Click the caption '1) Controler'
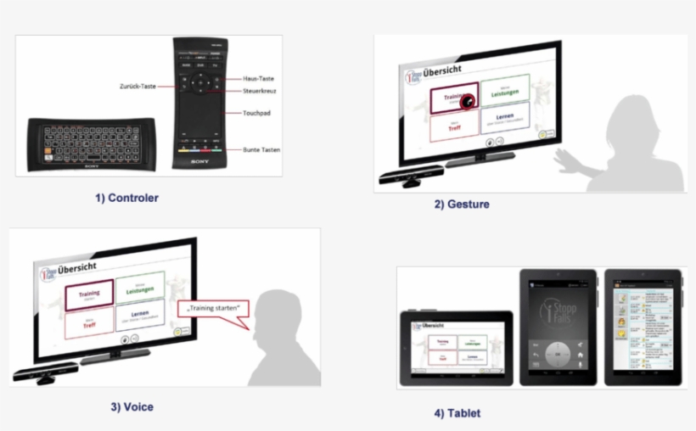(126, 198)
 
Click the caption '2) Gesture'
(462, 204)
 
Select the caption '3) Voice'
(131, 406)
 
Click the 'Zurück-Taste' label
(139, 85)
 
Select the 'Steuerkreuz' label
(259, 91)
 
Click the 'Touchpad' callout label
(256, 112)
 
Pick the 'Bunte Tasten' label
(261, 150)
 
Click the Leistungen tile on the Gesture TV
(504, 90)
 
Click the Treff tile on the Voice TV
(87, 324)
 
